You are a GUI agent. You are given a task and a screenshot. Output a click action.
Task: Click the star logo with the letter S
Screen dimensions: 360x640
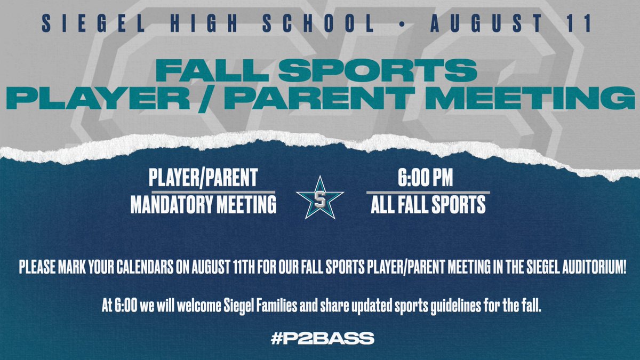pos(320,196)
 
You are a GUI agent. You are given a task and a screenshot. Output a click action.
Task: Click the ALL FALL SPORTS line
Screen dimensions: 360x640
pos(428,205)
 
